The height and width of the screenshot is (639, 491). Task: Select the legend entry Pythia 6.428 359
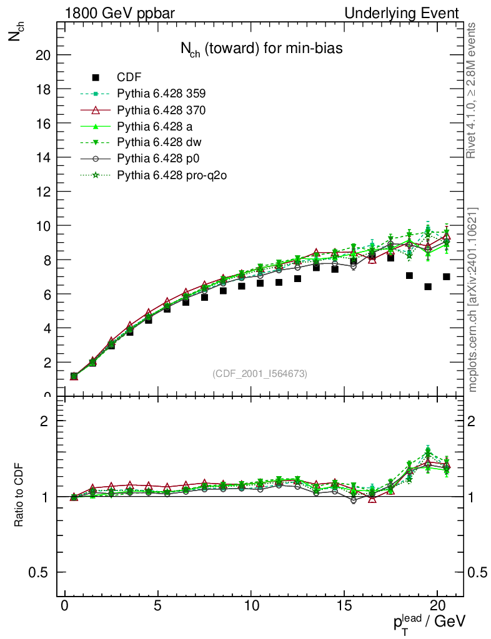[x=161, y=94]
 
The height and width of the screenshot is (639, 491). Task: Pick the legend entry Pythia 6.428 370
[x=161, y=110]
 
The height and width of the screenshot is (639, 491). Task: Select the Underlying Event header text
[x=410, y=13]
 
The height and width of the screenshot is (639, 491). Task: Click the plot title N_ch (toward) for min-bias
[x=261, y=49]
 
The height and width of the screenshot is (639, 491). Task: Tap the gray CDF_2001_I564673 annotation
[x=260, y=374]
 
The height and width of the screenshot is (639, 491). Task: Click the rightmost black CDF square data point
[x=447, y=276]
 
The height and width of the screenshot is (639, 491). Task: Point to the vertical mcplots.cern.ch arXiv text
[x=473, y=300]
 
